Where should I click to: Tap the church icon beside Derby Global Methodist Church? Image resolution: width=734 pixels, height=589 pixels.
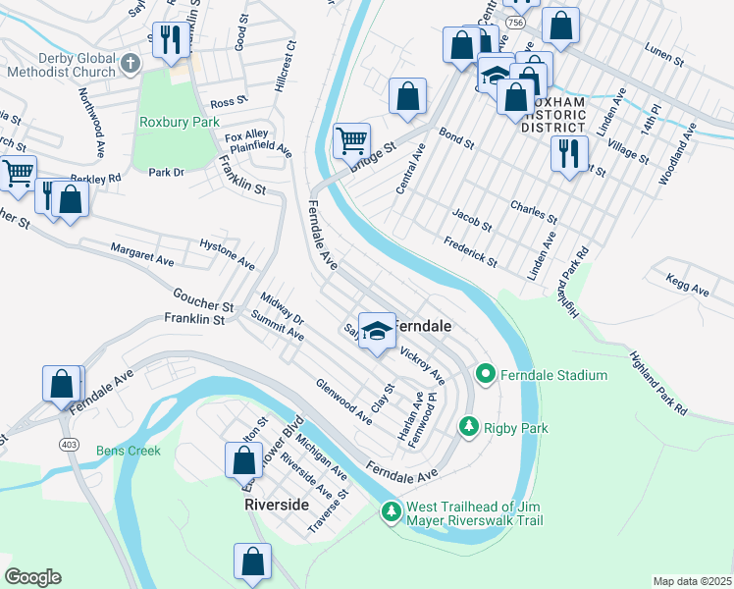[131, 64]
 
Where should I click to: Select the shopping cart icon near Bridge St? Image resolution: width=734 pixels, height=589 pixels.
[351, 139]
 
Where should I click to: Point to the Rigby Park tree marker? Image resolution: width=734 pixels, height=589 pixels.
[470, 427]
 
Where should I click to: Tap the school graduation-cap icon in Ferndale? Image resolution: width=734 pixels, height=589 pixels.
[376, 330]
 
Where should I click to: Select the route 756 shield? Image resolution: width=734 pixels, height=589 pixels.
[514, 21]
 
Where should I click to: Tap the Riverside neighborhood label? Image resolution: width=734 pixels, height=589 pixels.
[277, 504]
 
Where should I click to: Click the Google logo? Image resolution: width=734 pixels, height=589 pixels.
[32, 577]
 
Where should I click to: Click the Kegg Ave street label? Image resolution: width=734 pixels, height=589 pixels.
[687, 290]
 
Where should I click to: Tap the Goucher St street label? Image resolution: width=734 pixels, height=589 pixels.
[202, 299]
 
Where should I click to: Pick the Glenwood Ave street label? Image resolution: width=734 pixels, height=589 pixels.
[343, 401]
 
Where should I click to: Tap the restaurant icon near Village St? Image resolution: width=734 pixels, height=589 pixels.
[569, 154]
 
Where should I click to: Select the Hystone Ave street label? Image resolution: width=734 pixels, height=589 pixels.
[227, 251]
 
